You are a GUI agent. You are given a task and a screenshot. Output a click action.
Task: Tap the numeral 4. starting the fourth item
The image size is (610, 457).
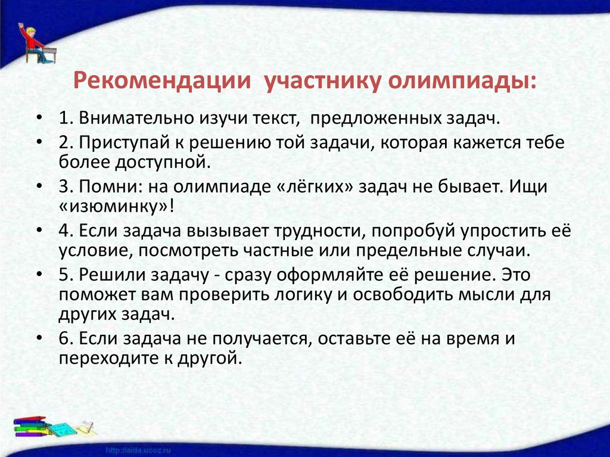click(66, 231)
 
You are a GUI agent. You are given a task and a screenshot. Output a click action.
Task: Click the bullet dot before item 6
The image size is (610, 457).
click(39, 338)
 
